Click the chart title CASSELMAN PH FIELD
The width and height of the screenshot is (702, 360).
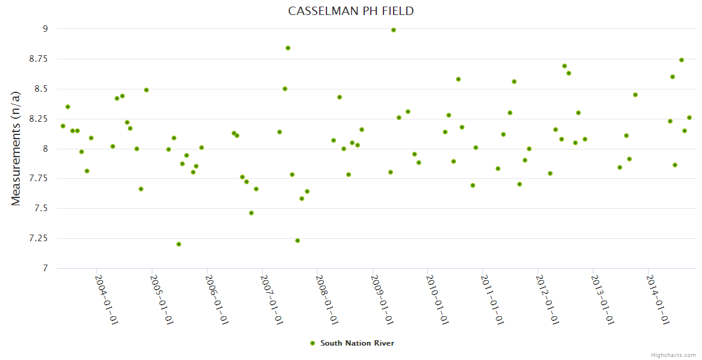(x=350, y=11)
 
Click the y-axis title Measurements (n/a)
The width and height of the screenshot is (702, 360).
(x=16, y=148)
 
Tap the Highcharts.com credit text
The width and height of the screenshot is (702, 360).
(x=673, y=355)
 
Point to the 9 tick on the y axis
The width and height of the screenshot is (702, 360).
(x=44, y=29)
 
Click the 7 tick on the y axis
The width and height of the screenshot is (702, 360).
(x=44, y=269)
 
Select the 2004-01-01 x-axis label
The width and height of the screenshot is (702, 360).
(x=107, y=300)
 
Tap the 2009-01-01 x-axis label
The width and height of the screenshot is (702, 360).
(x=382, y=300)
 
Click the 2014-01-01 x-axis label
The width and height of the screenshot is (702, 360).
(x=658, y=300)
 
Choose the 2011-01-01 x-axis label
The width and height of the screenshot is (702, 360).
(x=493, y=300)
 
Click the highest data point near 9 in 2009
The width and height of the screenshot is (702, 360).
(x=394, y=30)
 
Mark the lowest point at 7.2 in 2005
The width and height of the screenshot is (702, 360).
(x=179, y=244)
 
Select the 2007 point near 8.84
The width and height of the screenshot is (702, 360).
(x=288, y=48)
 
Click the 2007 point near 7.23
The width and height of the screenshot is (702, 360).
(x=298, y=241)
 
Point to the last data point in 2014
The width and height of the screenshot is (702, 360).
(x=689, y=118)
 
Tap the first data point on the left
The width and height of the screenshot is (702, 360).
(x=63, y=126)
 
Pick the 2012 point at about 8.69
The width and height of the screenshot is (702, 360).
(x=565, y=66)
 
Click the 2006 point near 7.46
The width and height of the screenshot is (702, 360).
(x=251, y=213)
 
